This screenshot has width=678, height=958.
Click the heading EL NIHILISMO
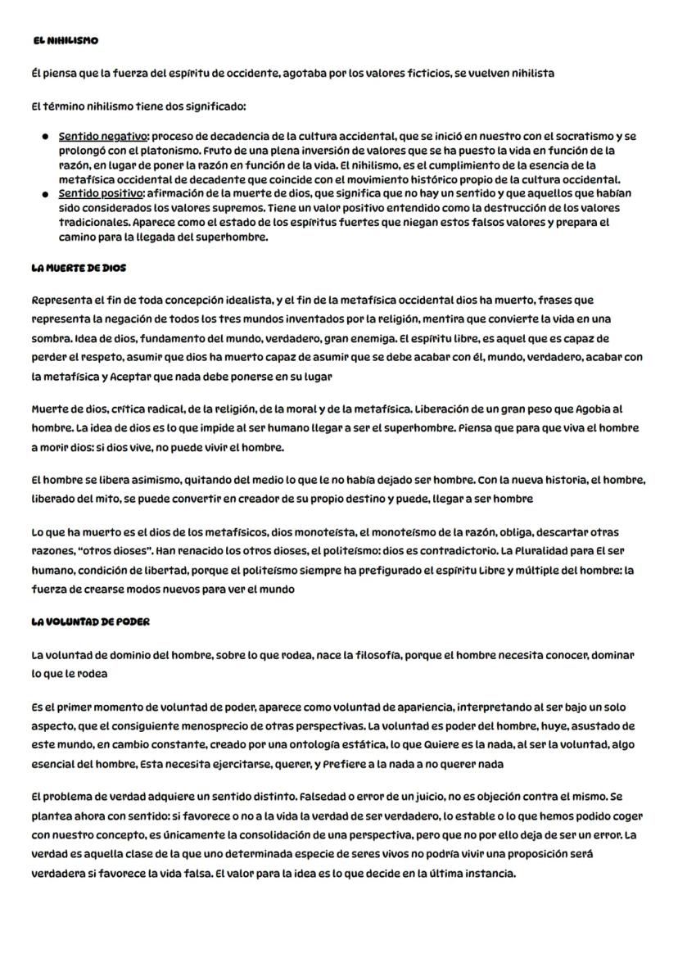66,41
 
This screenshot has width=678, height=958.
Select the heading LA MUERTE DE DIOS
79,269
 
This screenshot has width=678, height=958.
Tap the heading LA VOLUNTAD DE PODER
90,622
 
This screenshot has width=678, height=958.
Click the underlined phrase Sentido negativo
102,136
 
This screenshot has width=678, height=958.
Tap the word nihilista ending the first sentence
530,74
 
